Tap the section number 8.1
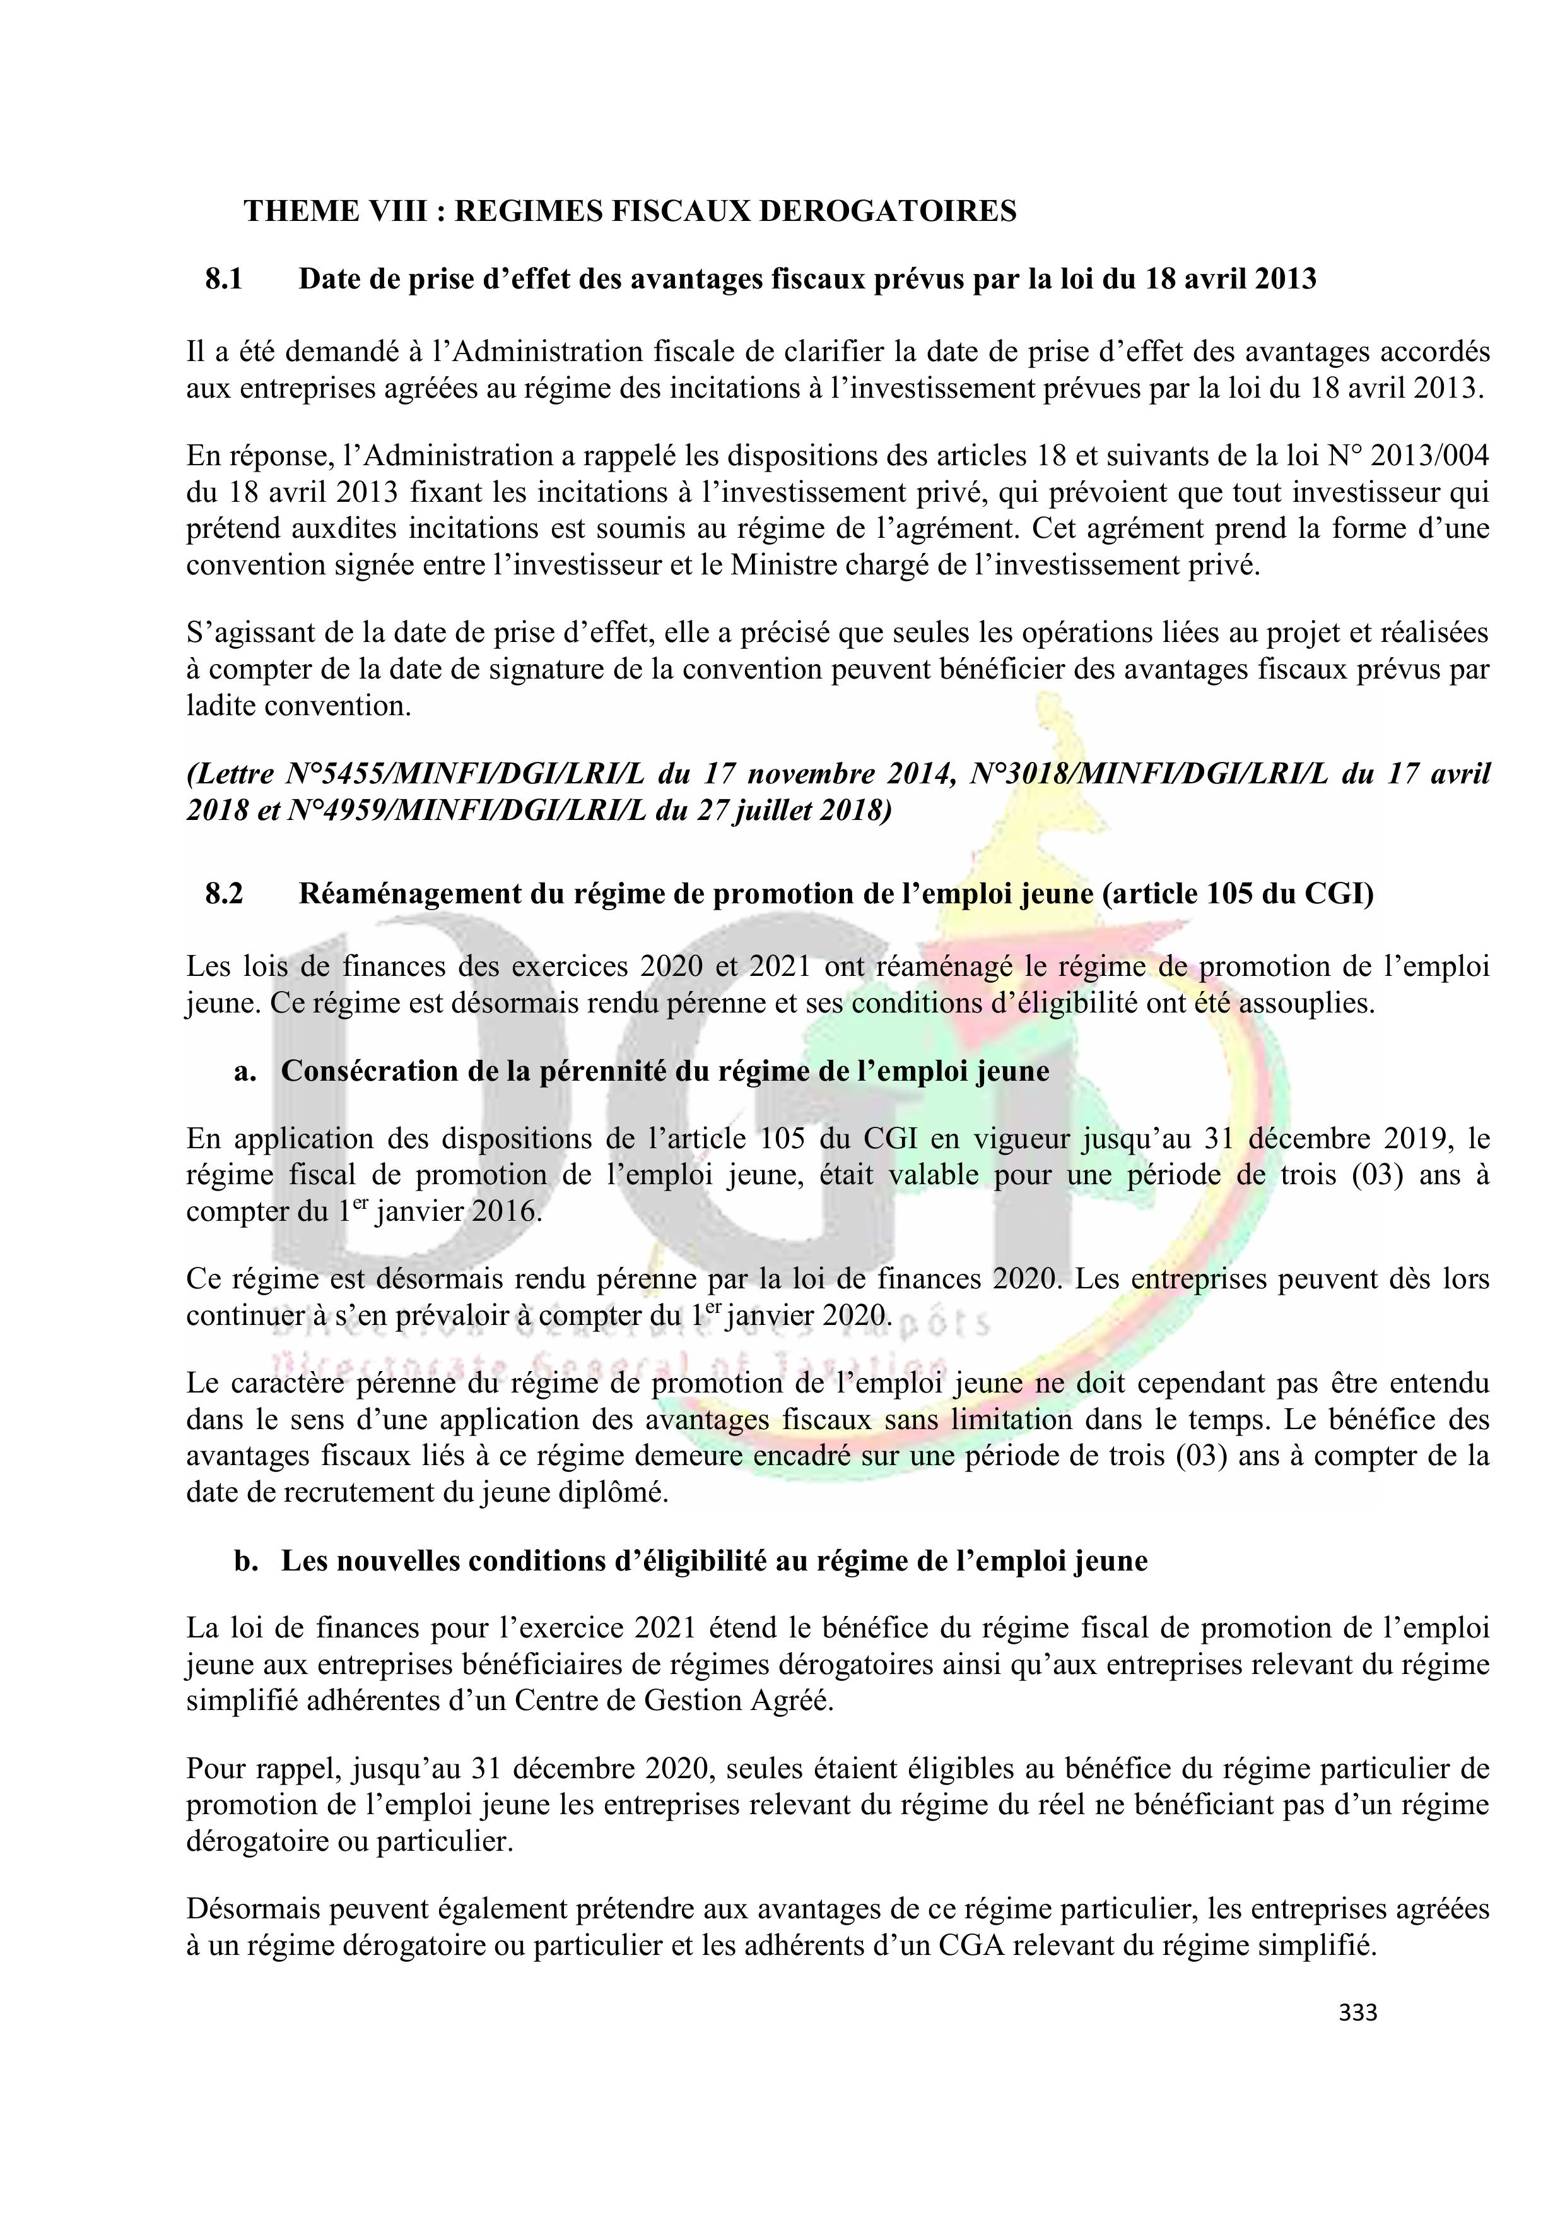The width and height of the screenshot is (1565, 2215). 224,280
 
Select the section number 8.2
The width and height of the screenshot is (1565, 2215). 224,894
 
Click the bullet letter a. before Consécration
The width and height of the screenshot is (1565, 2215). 245,1072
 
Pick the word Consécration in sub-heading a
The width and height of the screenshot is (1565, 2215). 376,1072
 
